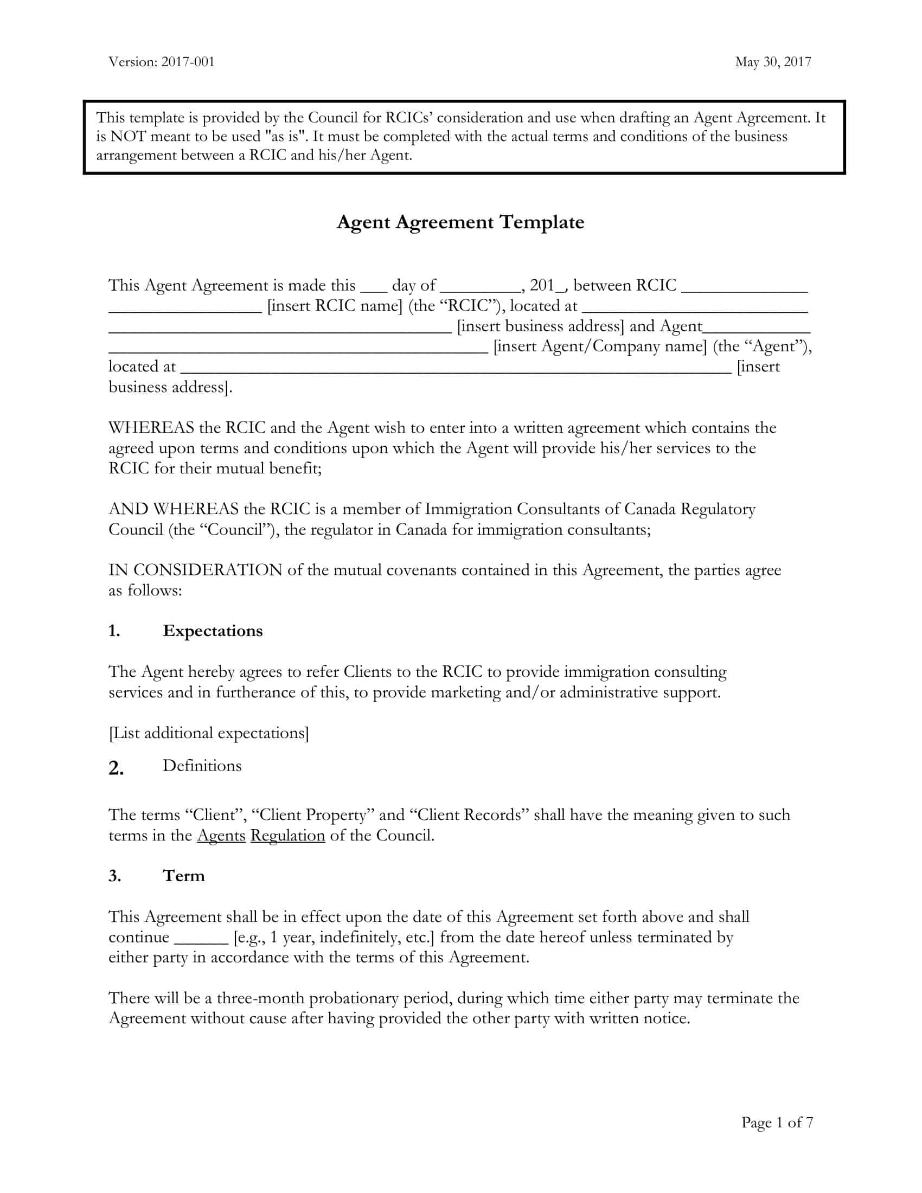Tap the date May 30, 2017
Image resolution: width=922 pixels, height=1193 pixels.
coord(773,62)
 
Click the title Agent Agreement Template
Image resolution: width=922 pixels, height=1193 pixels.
coord(460,222)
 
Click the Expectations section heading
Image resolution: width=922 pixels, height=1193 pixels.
coord(213,631)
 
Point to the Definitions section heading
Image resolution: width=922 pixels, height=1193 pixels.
coord(202,766)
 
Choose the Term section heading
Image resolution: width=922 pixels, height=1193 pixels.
coord(183,876)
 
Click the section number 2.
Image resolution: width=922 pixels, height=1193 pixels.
coord(116,768)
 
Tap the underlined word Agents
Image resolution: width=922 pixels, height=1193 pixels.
coord(221,835)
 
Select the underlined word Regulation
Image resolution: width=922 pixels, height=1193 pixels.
coord(287,835)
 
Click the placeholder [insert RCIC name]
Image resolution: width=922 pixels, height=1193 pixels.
coord(335,306)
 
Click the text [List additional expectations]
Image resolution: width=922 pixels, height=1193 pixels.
coord(209,733)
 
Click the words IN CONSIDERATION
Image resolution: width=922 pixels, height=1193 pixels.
coord(195,570)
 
